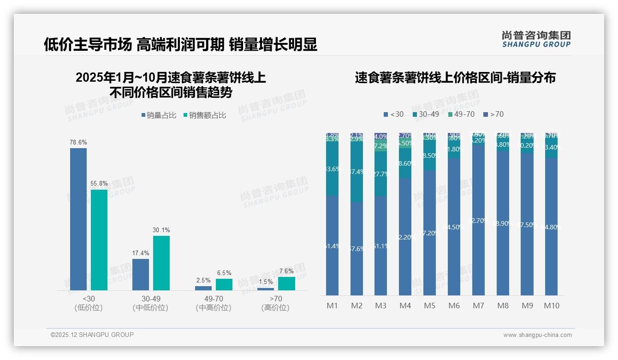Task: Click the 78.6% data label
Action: click(78, 143)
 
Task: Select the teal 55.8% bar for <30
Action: click(99, 240)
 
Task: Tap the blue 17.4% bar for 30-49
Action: click(141, 274)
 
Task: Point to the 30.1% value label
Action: click(161, 230)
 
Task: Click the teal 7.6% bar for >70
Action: click(286, 283)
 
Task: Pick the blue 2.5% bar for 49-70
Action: click(203, 288)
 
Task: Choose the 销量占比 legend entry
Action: click(158, 115)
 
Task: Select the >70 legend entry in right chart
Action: click(493, 114)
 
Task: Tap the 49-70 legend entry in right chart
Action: click(461, 114)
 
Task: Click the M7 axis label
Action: click(478, 306)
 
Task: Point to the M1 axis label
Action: click(332, 306)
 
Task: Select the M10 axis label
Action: click(551, 306)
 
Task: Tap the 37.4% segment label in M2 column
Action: click(357, 172)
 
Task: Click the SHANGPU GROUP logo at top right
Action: click(536, 39)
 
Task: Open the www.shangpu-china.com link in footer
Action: click(537, 335)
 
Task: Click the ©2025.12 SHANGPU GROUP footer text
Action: click(92, 335)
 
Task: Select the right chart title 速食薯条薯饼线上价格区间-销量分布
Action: click(455, 78)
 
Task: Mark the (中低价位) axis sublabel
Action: click(150, 308)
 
